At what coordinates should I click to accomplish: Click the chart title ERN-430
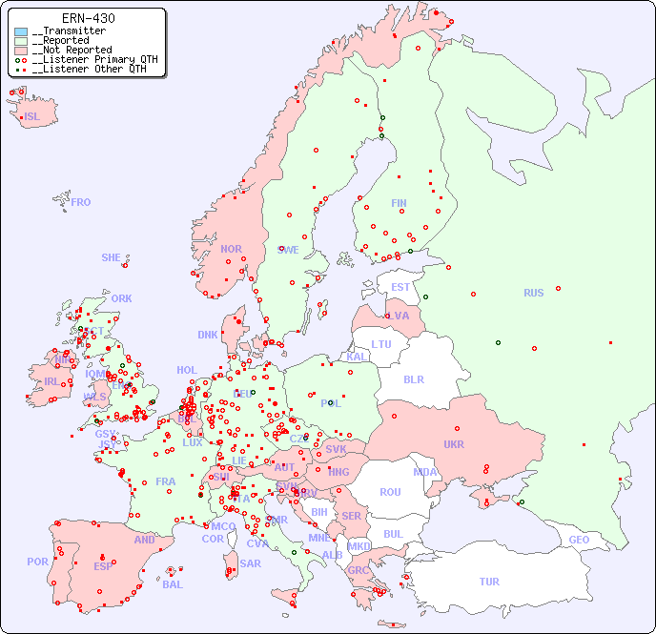88,18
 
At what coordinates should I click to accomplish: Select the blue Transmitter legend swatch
21,31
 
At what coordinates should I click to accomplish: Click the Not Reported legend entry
72,50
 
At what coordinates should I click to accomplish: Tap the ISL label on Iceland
32,117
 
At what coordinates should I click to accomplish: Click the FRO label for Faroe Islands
81,202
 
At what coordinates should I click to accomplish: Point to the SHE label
112,257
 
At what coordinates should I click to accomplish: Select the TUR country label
489,582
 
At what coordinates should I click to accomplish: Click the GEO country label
579,540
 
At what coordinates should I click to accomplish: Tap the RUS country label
533,293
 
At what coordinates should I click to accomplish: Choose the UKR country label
454,444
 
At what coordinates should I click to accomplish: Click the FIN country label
399,203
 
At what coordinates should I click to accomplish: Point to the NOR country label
231,249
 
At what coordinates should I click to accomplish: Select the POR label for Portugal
37,562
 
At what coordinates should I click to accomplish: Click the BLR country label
413,378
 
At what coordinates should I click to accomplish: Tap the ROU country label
390,492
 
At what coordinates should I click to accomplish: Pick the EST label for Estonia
400,287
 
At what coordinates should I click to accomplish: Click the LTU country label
381,344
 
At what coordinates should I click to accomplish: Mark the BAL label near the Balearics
173,584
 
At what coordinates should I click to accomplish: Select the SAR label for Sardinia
250,563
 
